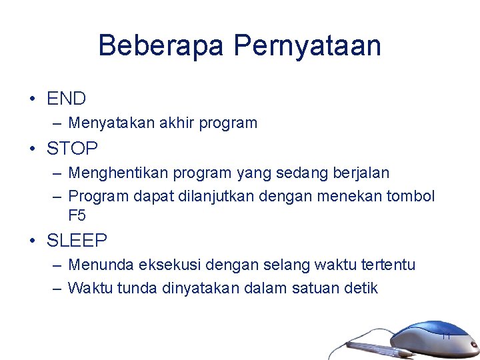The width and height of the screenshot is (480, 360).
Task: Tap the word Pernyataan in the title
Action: pyautogui.click(x=307, y=46)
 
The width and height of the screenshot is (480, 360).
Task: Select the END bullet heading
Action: pyautogui.click(x=66, y=99)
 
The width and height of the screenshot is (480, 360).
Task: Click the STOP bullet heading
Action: pyautogui.click(x=72, y=148)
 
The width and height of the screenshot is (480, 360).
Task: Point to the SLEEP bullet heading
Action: pyautogui.click(x=77, y=240)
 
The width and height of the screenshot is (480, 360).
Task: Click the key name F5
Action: pyautogui.click(x=77, y=216)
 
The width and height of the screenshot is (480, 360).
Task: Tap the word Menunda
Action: pyautogui.click(x=101, y=265)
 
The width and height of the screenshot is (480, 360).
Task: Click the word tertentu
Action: pyautogui.click(x=388, y=265)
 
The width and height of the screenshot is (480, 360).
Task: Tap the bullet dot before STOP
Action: pyautogui.click(x=33, y=148)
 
